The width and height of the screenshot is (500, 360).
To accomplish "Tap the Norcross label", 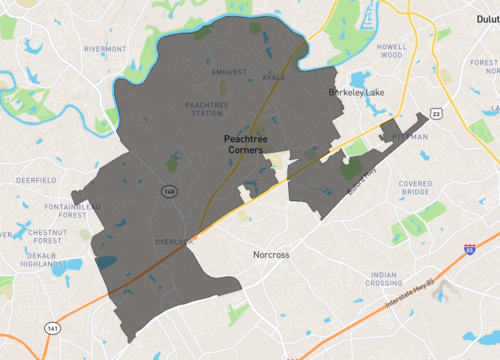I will [x=271, y=255].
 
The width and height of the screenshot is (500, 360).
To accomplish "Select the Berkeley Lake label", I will [x=358, y=92].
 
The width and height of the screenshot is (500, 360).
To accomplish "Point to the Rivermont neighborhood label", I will [x=105, y=48].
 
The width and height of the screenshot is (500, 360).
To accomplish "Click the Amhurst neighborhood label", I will [x=229, y=73].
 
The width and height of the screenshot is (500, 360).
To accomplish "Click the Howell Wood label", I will [x=391, y=50].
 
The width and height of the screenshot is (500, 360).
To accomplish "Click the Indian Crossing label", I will [x=385, y=278].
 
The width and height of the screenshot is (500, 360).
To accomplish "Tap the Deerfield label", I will [x=37, y=182].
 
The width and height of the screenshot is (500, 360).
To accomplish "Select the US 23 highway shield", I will [x=438, y=115].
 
